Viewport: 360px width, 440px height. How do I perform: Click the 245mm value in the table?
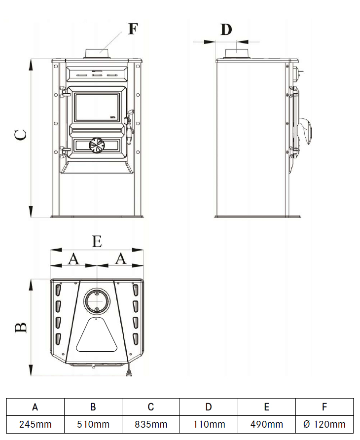click(36, 424)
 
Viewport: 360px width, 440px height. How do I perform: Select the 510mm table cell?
click(93, 424)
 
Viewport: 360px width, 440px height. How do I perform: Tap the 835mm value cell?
click(151, 424)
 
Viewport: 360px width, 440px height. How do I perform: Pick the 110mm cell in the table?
click(209, 424)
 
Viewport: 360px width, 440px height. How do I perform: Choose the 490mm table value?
click(266, 424)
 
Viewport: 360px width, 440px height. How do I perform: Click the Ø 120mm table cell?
click(324, 424)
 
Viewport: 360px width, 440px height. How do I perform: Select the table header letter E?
click(266, 407)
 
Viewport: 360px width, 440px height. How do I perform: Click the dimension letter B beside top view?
click(20, 327)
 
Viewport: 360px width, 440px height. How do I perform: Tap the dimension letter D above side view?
click(225, 30)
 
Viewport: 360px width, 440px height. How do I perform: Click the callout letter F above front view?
click(133, 28)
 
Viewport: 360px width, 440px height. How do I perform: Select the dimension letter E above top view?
click(97, 242)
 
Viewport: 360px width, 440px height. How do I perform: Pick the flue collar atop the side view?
click(239, 53)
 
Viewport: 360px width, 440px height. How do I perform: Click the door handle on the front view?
click(129, 123)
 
